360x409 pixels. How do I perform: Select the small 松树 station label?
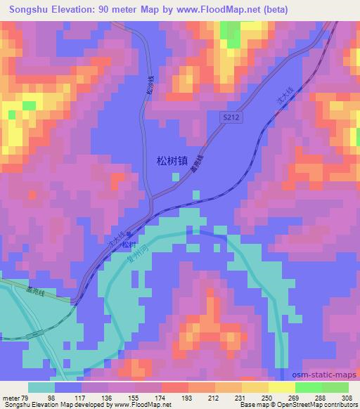pos(127,245)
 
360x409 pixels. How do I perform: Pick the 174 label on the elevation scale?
pos(161,397)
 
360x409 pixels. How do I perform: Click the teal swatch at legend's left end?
pos(41,387)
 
